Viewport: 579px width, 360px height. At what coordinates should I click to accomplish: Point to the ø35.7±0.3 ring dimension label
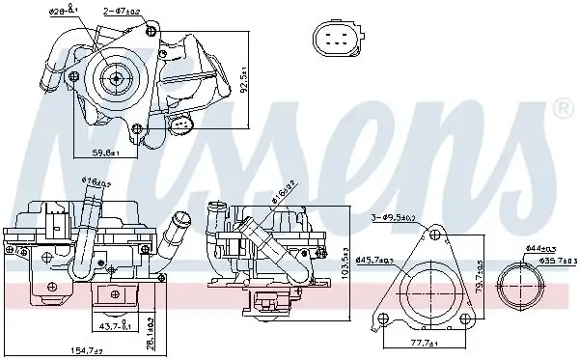(x=547, y=259)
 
